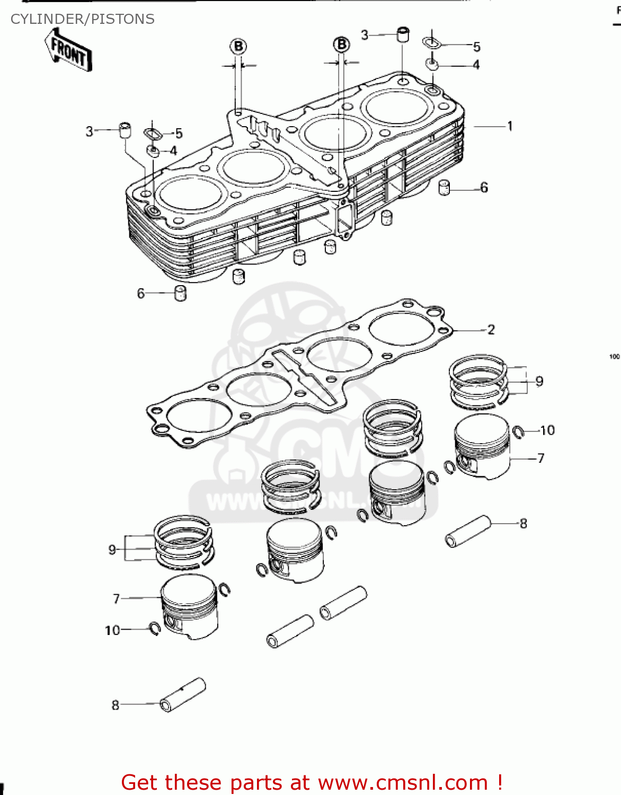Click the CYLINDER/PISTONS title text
click(83, 19)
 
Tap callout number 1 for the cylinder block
click(509, 126)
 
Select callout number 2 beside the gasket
click(491, 330)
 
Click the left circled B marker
click(238, 46)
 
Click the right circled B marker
click(342, 45)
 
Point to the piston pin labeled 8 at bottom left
click(182, 694)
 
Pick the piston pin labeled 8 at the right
click(468, 531)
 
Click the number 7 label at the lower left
click(117, 598)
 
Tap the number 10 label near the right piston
click(547, 430)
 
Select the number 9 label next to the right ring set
click(539, 381)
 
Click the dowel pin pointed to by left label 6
click(181, 293)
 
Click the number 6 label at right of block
click(484, 188)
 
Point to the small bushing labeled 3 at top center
click(403, 35)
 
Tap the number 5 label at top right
click(476, 47)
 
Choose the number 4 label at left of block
click(173, 151)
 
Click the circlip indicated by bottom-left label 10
click(155, 629)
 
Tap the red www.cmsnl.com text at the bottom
click(403, 782)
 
